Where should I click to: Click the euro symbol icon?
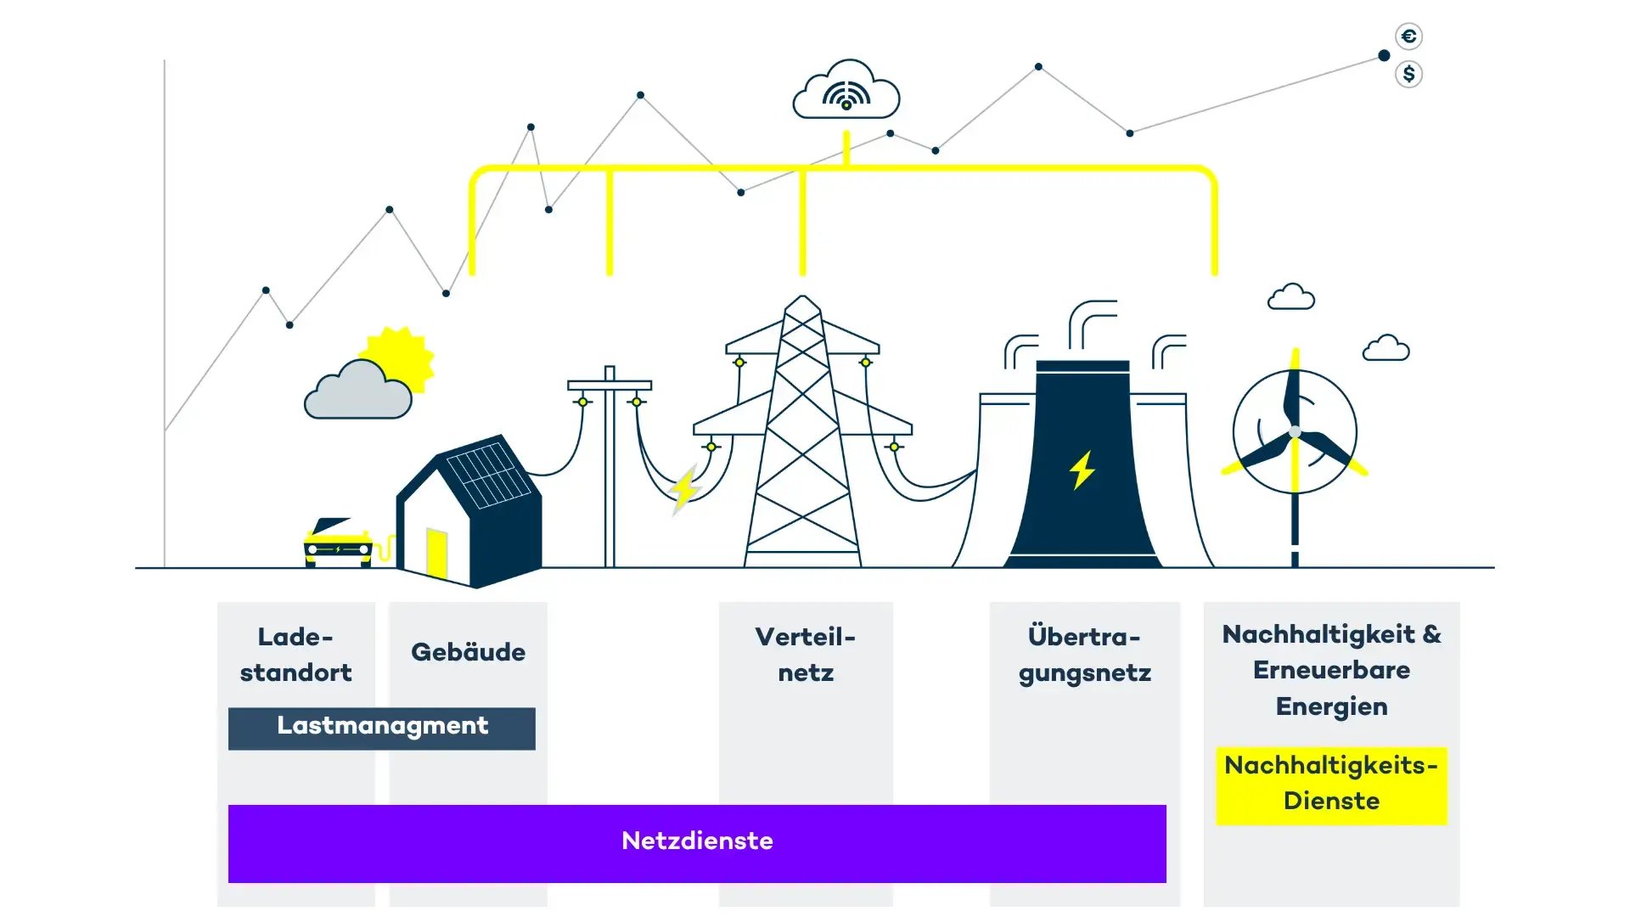click(x=1408, y=37)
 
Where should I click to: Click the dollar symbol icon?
click(x=1408, y=75)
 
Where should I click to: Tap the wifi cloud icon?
click(x=846, y=92)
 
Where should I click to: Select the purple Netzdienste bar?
click(x=697, y=842)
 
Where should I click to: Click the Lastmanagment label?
click(x=382, y=727)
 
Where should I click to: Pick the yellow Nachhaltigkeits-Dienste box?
click(x=1330, y=784)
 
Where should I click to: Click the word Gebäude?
click(x=468, y=652)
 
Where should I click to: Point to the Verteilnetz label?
click(x=806, y=655)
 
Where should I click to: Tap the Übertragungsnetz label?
click(x=1084, y=655)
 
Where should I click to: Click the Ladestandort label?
click(x=295, y=655)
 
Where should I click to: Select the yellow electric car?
click(x=338, y=543)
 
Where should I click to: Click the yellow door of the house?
click(x=436, y=552)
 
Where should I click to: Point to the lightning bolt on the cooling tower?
click(x=1082, y=470)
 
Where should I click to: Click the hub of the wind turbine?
click(x=1295, y=432)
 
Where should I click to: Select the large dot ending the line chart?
click(x=1384, y=56)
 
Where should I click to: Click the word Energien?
click(x=1331, y=706)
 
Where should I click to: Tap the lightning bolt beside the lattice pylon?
click(x=683, y=490)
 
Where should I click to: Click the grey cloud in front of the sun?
click(x=358, y=392)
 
